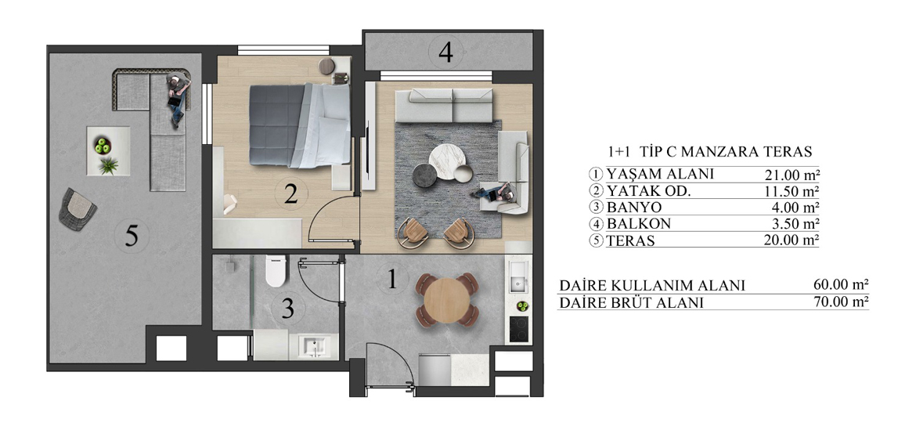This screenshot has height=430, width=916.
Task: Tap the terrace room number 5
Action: tap(132, 236)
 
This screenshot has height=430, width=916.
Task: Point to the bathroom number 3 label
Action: tap(287, 309)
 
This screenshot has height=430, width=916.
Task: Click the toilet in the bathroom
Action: tap(275, 272)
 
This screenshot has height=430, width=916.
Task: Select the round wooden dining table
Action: tap(447, 300)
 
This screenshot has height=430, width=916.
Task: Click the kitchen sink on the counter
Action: tap(518, 277)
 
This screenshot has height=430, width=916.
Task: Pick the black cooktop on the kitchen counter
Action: tap(518, 329)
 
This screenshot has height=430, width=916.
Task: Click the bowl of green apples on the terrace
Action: tap(103, 145)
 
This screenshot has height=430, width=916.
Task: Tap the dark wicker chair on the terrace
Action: tap(78, 208)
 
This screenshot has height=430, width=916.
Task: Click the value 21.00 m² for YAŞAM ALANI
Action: tap(792, 174)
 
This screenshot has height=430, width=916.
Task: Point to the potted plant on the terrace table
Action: tap(108, 166)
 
